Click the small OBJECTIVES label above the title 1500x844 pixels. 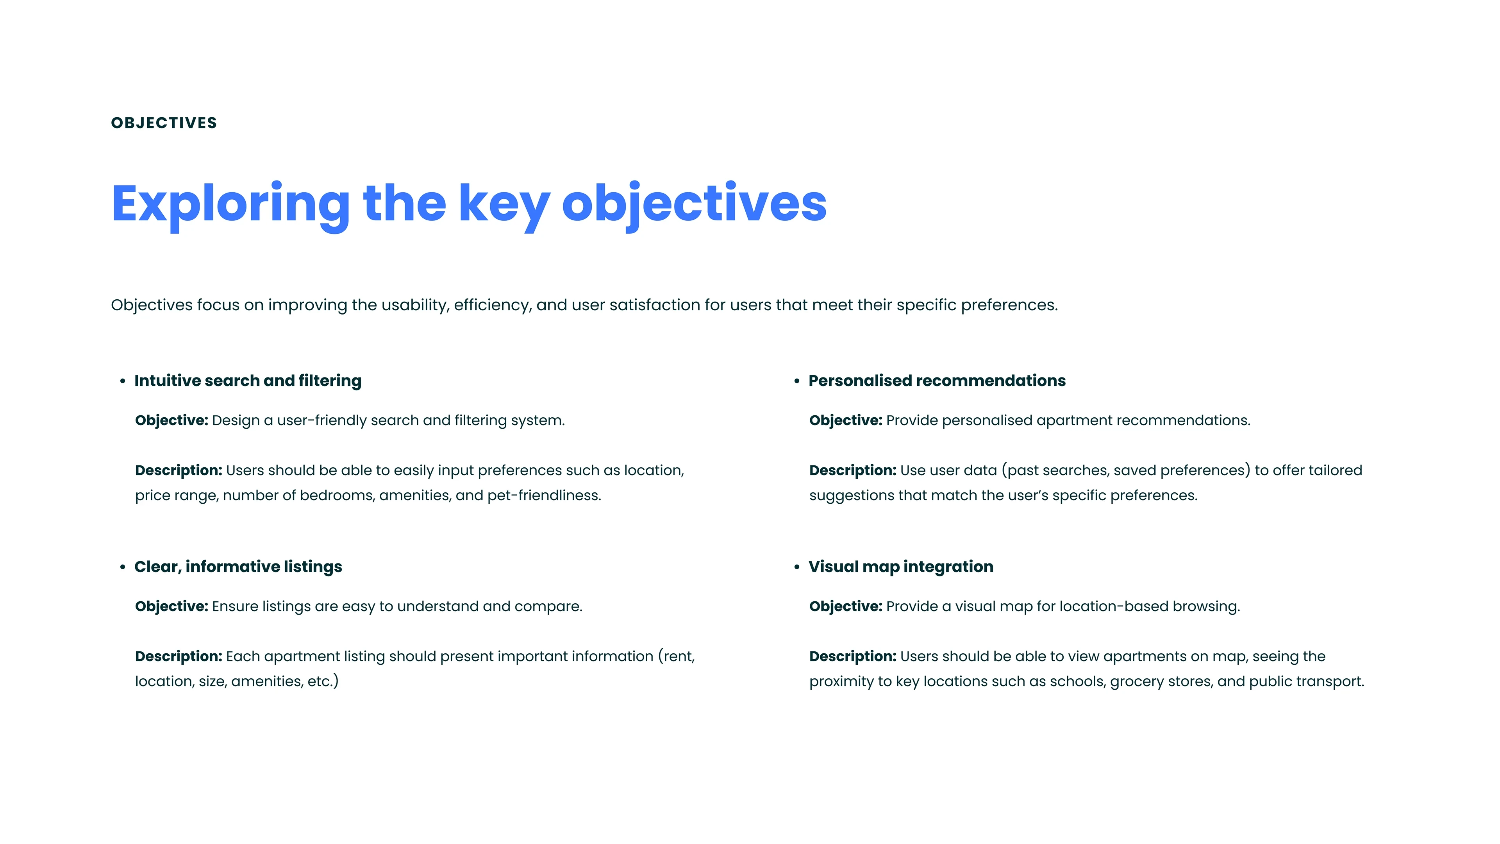point(164,123)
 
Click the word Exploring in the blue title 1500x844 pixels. point(230,206)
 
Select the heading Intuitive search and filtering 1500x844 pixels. point(248,381)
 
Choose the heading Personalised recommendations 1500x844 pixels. point(937,381)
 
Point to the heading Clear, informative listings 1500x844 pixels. point(238,567)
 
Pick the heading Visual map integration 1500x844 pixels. point(901,567)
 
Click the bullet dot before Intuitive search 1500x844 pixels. point(122,381)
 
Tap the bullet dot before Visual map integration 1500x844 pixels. point(796,567)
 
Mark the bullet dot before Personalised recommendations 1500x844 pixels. point(796,381)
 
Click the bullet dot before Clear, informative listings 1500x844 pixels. point(122,567)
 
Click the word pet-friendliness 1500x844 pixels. point(544,496)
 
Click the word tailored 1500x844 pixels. point(1335,470)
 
